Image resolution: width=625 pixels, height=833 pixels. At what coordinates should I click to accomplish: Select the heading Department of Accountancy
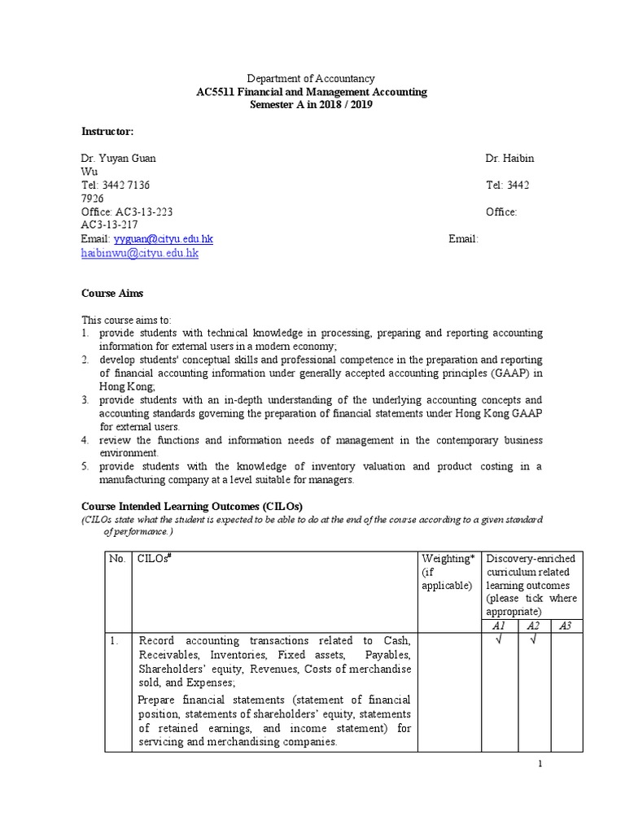click(311, 79)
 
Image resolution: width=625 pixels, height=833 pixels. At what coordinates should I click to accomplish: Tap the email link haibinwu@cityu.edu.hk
click(139, 253)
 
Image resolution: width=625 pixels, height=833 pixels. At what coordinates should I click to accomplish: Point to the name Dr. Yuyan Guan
click(118, 158)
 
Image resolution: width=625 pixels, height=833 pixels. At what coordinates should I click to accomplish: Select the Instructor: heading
click(107, 132)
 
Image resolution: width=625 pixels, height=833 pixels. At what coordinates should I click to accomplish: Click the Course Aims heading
click(111, 294)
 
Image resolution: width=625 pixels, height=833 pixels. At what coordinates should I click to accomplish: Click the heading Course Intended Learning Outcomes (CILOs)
click(191, 506)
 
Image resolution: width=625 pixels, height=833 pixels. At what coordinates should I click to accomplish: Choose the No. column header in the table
click(117, 558)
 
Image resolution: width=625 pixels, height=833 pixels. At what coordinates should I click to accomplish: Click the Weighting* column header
click(448, 558)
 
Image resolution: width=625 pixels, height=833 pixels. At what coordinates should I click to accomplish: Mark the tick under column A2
click(532, 640)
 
